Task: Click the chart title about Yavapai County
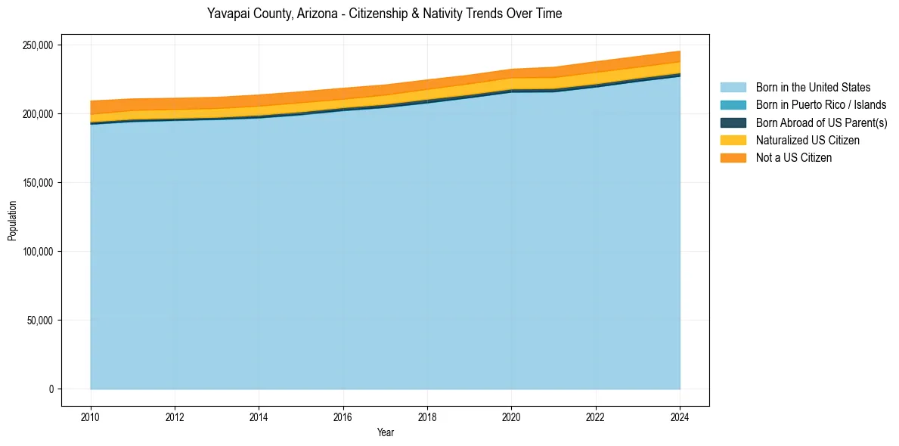tap(384, 14)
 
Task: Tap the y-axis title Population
tap(12, 221)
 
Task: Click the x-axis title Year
tap(385, 432)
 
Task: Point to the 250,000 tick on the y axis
tap(37, 45)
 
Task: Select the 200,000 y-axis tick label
tap(37, 114)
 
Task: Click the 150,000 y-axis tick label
tap(37, 183)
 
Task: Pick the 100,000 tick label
tap(37, 252)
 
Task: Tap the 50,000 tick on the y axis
tap(39, 321)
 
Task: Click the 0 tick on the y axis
tap(51, 389)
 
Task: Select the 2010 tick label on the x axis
tap(91, 417)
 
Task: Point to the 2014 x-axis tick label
tap(259, 417)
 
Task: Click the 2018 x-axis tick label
tap(427, 417)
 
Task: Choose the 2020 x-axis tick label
tap(511, 417)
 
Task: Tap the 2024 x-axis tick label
tap(680, 417)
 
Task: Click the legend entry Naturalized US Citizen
tap(808, 140)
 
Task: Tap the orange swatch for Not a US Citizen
tap(733, 158)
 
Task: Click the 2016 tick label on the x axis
tap(343, 417)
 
